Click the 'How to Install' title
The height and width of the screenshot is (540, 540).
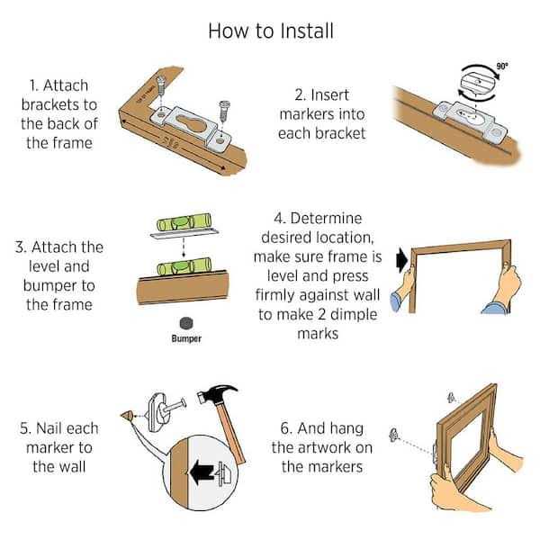point(271,31)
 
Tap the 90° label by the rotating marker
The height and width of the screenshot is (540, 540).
point(502,66)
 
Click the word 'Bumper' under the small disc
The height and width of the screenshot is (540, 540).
point(186,338)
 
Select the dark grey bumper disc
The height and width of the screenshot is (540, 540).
point(186,323)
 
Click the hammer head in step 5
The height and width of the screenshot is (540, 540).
point(216,393)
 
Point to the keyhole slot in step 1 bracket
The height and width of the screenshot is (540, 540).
point(191,123)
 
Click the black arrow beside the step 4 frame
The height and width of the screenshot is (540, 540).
point(402,260)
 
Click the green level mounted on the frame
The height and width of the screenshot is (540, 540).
point(184,267)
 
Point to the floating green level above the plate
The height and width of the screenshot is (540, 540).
point(184,222)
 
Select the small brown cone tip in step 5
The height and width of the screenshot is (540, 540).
point(127,416)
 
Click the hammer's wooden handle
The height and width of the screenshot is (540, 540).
point(231,431)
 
